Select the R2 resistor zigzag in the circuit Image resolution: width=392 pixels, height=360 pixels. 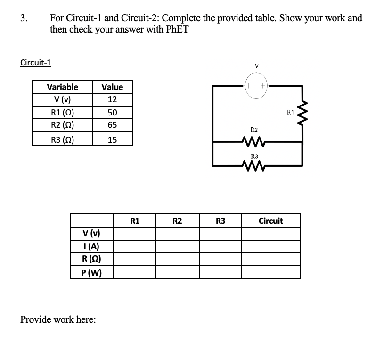254,140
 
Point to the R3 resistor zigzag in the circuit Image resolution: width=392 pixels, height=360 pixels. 254,165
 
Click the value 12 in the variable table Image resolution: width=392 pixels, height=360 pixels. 112,100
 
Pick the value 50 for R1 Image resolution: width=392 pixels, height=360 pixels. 112,113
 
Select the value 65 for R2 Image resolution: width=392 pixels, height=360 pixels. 112,125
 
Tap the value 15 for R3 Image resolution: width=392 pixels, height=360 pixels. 112,139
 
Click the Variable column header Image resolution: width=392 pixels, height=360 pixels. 63,87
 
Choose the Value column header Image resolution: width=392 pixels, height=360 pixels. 112,87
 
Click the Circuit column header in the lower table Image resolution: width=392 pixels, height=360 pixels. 271,221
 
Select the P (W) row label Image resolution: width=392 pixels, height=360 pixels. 92,272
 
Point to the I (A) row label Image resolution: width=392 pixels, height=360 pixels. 92,246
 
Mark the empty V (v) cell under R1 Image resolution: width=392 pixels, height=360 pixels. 135,234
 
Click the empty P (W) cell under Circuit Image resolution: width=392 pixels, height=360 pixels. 271,272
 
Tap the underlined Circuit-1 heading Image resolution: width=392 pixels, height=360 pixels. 36,63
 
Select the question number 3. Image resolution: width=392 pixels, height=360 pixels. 23,18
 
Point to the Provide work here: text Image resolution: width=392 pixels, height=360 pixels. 58,320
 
